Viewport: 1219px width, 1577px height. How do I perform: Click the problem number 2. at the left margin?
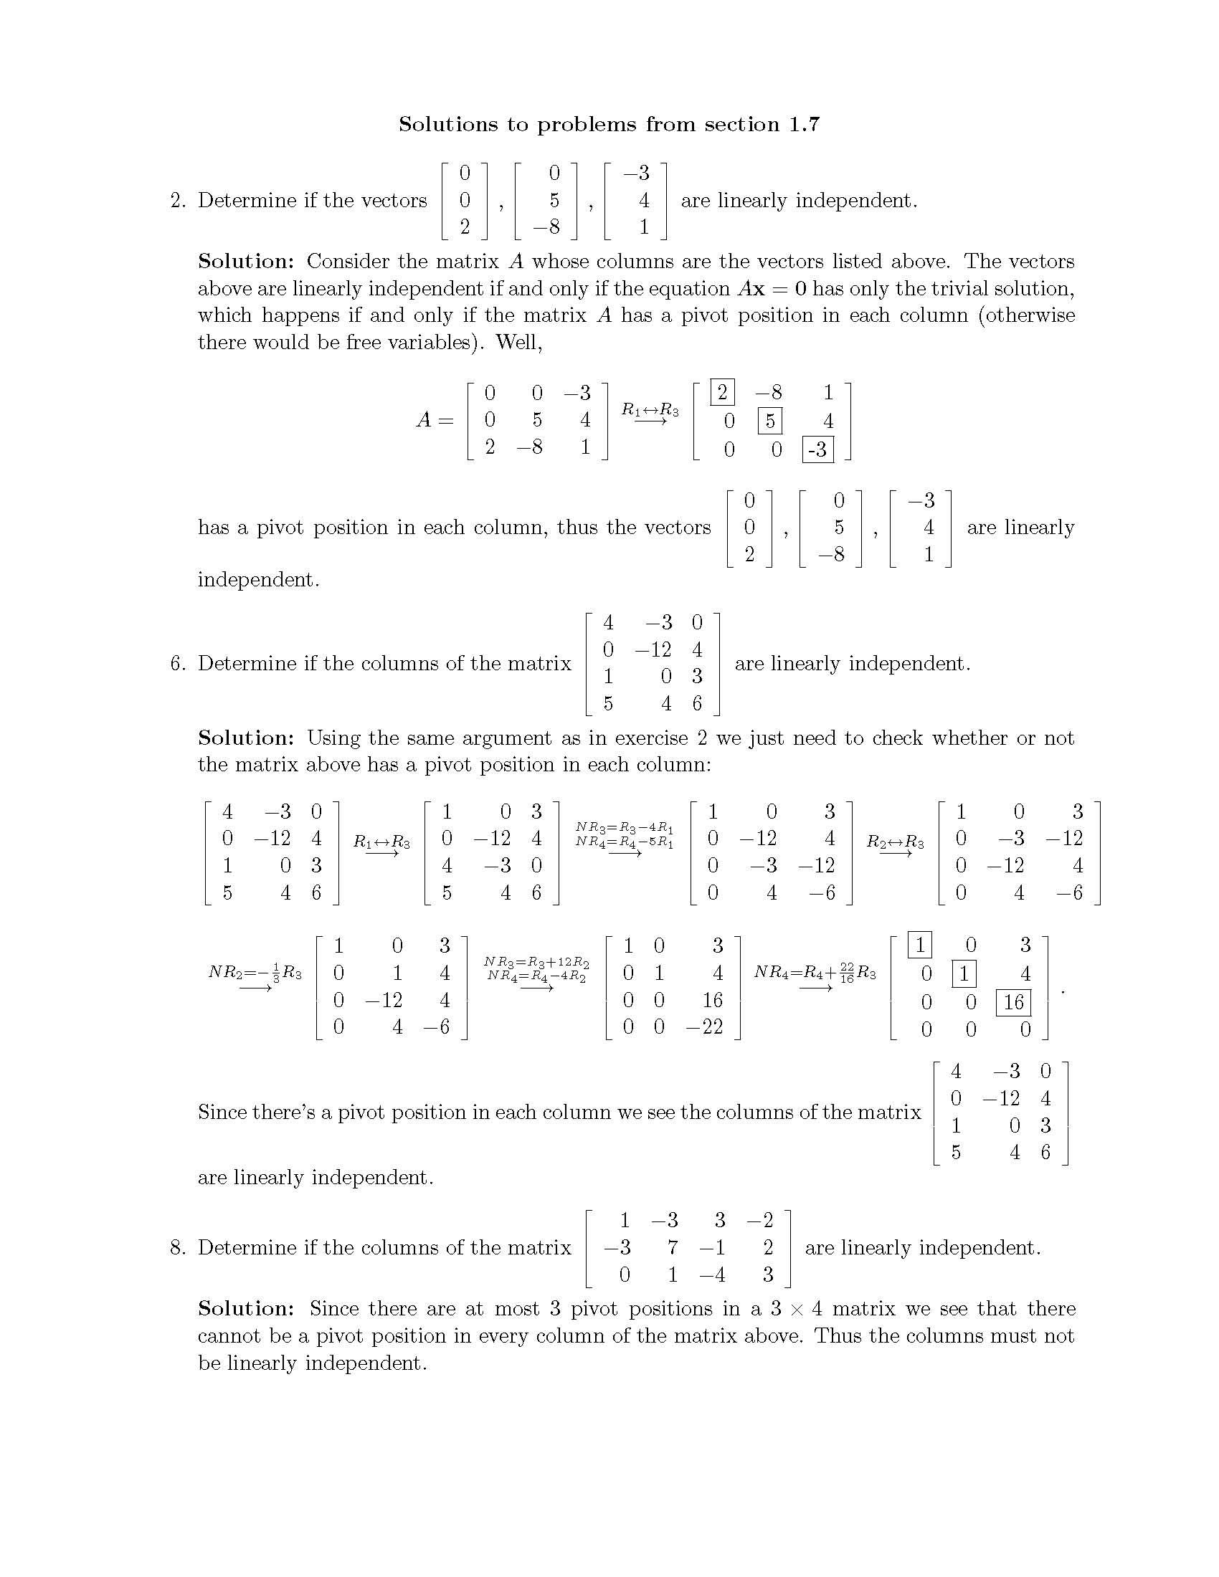179,201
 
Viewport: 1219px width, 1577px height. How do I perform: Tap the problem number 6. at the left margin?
179,664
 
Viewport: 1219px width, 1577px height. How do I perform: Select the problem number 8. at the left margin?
179,1248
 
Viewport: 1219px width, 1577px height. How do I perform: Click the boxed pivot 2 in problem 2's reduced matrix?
722,393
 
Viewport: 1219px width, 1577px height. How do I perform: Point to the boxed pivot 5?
770,421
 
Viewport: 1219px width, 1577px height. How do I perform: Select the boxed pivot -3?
817,450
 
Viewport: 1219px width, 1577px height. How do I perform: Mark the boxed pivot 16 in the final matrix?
1013,1002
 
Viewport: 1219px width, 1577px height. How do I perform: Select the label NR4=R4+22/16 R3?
815,972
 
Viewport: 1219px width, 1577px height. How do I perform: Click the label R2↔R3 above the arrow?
895,842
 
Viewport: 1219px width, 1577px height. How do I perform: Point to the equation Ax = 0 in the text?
772,289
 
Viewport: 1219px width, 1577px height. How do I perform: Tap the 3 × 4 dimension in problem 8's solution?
795,1309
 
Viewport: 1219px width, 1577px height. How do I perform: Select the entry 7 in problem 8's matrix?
672,1248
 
